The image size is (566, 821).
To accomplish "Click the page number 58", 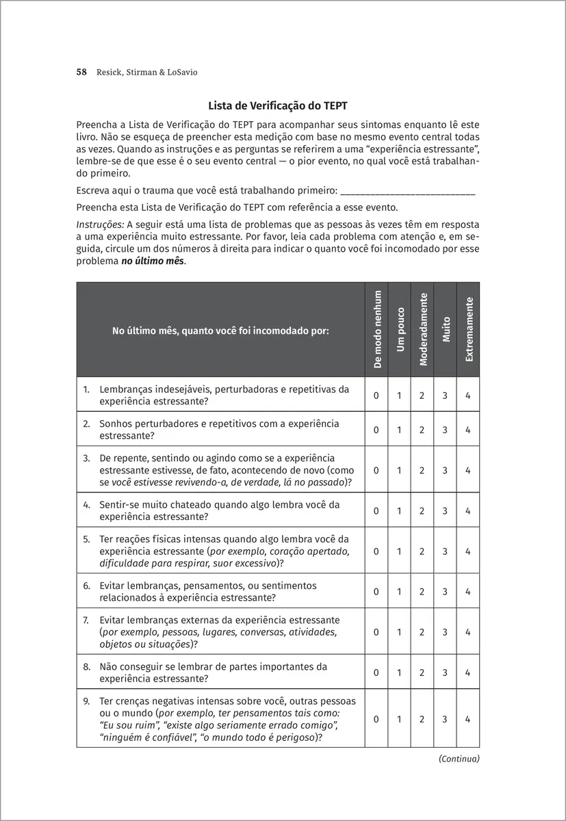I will pyautogui.click(x=81, y=72).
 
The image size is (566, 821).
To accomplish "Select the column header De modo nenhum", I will pyautogui.click(x=377, y=329).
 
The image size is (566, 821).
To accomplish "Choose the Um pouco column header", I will pyautogui.click(x=400, y=329).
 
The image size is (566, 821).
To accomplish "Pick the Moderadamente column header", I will pyautogui.click(x=423, y=329).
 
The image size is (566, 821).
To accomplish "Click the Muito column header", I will pyautogui.click(x=446, y=329).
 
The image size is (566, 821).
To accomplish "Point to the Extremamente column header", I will pyautogui.click(x=468, y=329).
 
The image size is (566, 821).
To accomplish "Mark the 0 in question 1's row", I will pyautogui.click(x=377, y=395).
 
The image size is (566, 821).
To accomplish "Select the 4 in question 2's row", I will pyautogui.click(x=468, y=430).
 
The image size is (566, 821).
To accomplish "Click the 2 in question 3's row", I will pyautogui.click(x=423, y=471).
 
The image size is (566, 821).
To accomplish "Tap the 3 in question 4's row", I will pyautogui.click(x=446, y=511).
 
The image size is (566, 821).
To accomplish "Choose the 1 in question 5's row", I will pyautogui.click(x=400, y=551).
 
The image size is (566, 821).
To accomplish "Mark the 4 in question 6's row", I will pyautogui.click(x=468, y=592).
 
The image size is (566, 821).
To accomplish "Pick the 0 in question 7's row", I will pyautogui.click(x=377, y=632).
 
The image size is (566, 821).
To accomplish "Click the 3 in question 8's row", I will pyautogui.click(x=446, y=673).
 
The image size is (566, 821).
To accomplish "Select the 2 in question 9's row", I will pyautogui.click(x=423, y=719).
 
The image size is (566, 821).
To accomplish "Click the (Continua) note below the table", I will pyautogui.click(x=459, y=758).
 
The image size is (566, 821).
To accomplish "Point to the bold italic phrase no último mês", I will pyautogui.click(x=148, y=261).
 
